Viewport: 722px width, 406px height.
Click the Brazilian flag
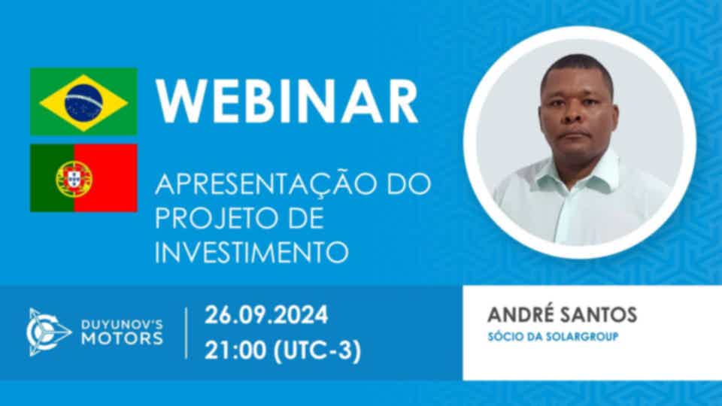point(83,101)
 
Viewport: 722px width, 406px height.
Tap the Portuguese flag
point(83,178)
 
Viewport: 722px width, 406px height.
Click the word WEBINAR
point(287,102)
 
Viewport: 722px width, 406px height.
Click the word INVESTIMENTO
point(251,253)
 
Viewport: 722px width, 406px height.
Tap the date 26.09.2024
point(266,315)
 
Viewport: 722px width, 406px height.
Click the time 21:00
point(235,351)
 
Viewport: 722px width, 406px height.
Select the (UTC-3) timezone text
point(317,351)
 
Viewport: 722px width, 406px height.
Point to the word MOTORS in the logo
point(122,339)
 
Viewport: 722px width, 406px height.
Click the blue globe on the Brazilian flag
point(83,101)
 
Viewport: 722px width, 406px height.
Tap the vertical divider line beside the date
point(187,333)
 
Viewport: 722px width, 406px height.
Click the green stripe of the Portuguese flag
point(52,178)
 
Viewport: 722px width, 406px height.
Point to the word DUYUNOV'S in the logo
point(122,325)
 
